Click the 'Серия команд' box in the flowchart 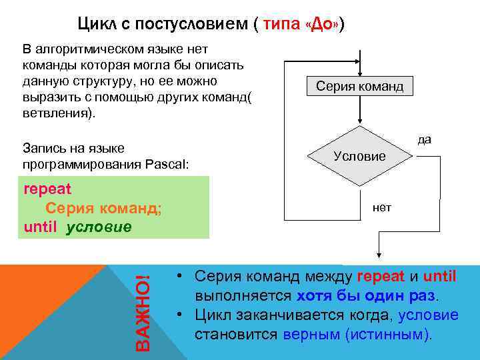pyautogui.click(x=359, y=87)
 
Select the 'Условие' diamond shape pyautogui.click(x=359, y=155)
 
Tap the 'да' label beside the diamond pyautogui.click(x=425, y=139)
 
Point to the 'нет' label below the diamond pyautogui.click(x=382, y=207)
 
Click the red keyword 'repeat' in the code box pyautogui.click(x=47, y=188)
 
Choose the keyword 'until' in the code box pyautogui.click(x=41, y=226)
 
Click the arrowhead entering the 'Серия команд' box pyautogui.click(x=359, y=75)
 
